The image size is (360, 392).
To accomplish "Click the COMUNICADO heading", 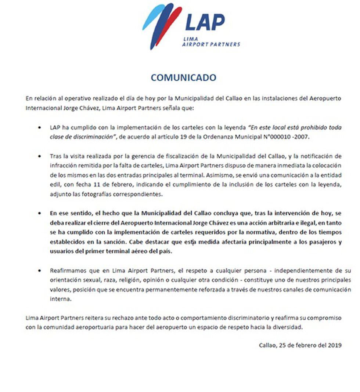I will click(x=183, y=77).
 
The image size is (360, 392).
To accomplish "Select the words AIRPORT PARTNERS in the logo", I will click(x=211, y=44).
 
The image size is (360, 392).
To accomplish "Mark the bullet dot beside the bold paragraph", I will click(x=40, y=213).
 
